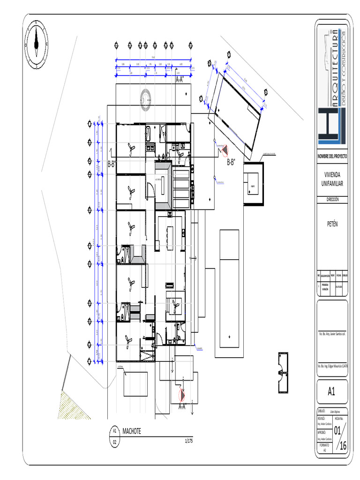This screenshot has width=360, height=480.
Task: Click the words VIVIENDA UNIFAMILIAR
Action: (332, 179)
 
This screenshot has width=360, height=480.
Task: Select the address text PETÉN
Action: (332, 224)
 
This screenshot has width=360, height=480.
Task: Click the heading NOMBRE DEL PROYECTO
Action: (332, 155)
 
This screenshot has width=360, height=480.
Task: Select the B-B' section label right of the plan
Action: (231, 162)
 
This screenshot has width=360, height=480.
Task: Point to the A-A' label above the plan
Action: (180, 80)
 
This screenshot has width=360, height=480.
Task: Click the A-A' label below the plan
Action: (182, 406)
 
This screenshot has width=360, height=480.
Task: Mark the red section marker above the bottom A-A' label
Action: (182, 395)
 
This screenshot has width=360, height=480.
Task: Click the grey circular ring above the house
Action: (145, 98)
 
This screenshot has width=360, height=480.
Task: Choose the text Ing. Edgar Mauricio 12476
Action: (332, 366)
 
